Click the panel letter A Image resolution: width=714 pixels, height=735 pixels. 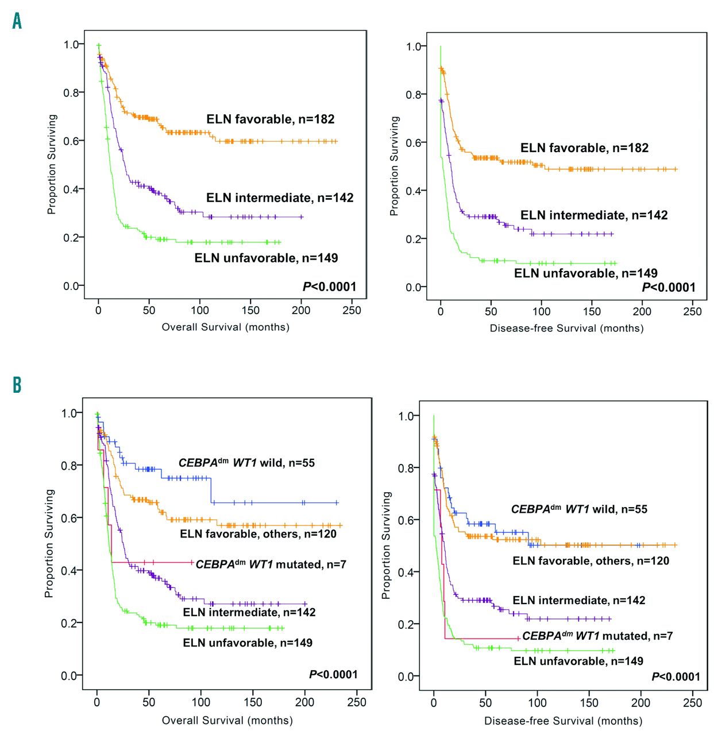pyautogui.click(x=17, y=21)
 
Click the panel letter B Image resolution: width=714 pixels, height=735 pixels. pyautogui.click(x=17, y=384)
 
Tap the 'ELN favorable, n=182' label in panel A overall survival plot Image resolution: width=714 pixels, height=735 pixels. pyautogui.click(x=270, y=119)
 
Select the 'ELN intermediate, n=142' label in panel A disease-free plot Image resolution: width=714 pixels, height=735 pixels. pyautogui.click(x=594, y=215)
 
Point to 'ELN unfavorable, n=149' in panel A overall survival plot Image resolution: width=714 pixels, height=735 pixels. pyautogui.click(x=266, y=258)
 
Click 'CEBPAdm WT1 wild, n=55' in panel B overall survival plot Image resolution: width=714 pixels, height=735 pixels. pyautogui.click(x=246, y=463)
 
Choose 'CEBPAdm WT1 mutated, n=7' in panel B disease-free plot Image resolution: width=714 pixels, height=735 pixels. pyautogui.click(x=597, y=636)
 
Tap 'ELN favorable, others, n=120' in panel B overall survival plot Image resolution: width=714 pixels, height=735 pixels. pyautogui.click(x=258, y=534)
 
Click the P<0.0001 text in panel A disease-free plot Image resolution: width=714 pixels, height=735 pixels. pyautogui.click(x=668, y=288)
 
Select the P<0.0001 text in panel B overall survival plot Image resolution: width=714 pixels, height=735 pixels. pyautogui.click(x=333, y=674)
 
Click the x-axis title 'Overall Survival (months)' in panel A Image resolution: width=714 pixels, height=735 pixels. pyautogui.click(x=225, y=327)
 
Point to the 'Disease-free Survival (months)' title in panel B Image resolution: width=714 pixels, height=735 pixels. pyautogui.click(x=563, y=721)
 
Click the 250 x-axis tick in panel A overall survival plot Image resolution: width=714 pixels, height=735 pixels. pyautogui.click(x=352, y=311)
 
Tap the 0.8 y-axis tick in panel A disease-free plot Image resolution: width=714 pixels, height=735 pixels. pyautogui.click(x=414, y=95)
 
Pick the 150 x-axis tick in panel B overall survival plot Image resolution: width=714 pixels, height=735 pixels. pyautogui.click(x=253, y=702)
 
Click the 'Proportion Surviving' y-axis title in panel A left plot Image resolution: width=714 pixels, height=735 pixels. pyautogui.click(x=52, y=164)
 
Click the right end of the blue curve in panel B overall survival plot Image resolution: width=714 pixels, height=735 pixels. pyautogui.click(x=338, y=502)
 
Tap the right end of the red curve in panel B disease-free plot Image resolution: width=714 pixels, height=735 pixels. pyautogui.click(x=519, y=638)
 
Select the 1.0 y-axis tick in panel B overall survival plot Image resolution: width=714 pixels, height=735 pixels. pyautogui.click(x=71, y=413)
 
